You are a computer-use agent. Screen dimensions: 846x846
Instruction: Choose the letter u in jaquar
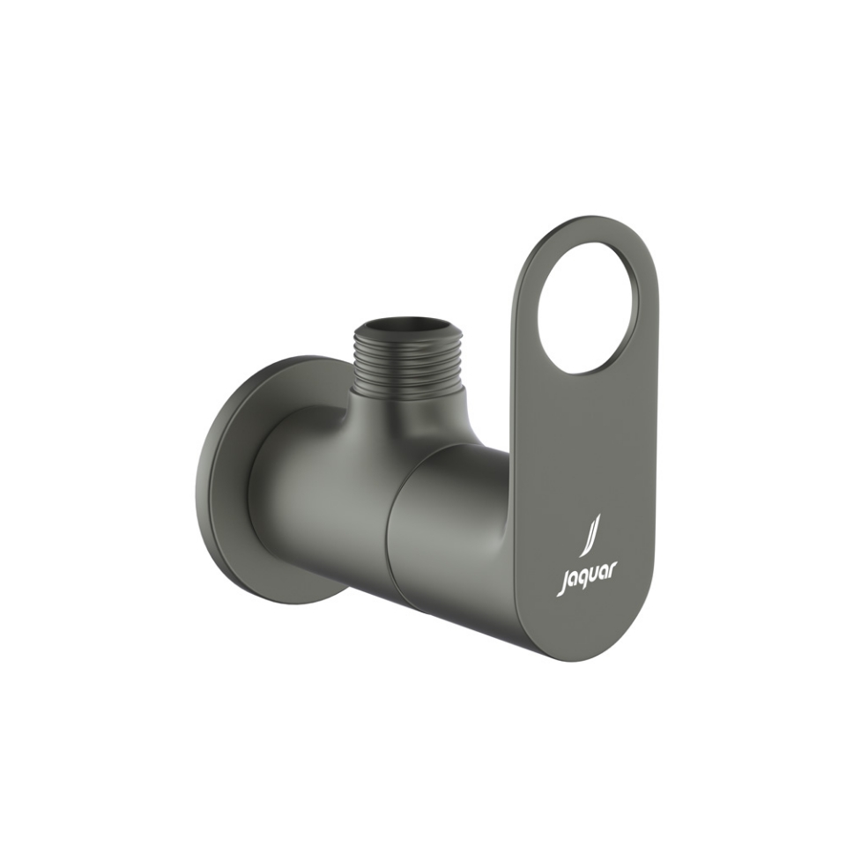[x=594, y=580]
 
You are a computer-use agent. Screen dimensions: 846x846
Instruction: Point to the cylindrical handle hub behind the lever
[x=449, y=538]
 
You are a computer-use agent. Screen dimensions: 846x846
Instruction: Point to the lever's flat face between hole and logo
[x=582, y=441]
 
